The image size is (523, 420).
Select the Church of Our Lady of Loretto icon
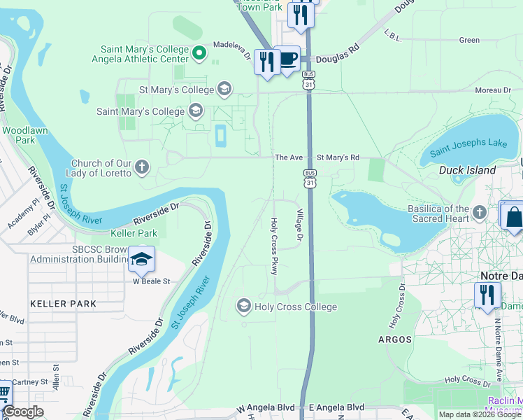[142, 167]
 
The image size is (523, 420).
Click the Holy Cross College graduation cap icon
[243, 306]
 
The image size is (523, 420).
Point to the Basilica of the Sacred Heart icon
[479, 212]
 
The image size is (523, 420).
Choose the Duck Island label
[467, 170]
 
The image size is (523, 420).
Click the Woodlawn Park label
[19, 135]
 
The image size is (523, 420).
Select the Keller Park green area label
[134, 233]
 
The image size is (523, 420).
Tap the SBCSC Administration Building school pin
[141, 260]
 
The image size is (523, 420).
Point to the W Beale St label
[152, 281]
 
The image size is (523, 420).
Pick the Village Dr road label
[299, 226]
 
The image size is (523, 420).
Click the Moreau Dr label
[493, 90]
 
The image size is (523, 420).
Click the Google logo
[24, 412]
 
